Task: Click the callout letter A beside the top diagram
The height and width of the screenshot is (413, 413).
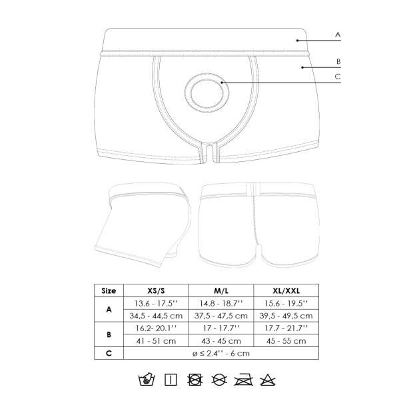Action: point(338,34)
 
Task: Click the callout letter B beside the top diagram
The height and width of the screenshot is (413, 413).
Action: point(338,61)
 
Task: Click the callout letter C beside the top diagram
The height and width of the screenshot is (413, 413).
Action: point(338,77)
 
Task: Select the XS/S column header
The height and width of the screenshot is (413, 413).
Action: point(157,290)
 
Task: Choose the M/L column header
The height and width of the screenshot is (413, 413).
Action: point(222,290)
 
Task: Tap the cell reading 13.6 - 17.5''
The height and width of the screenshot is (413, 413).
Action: point(157,303)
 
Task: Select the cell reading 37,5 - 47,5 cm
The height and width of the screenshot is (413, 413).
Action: point(222,316)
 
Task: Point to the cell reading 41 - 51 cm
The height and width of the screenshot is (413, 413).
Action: point(157,341)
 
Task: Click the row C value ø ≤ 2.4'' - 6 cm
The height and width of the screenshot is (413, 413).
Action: point(222,354)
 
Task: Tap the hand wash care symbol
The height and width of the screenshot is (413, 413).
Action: point(145,380)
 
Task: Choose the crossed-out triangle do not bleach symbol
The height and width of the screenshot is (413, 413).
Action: point(268,380)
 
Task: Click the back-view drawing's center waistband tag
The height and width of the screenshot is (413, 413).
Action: point(255,188)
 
